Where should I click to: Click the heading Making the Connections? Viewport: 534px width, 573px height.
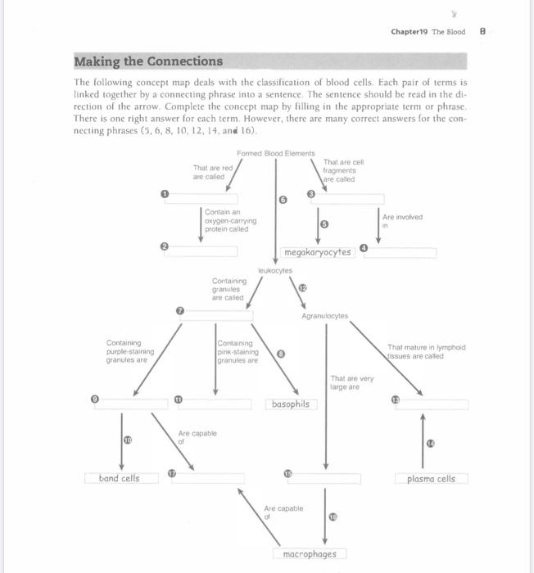coord(148,61)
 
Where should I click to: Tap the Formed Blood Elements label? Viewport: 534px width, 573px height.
coord(275,154)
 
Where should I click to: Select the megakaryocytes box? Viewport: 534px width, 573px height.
coord(317,252)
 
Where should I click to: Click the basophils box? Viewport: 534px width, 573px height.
coord(290,404)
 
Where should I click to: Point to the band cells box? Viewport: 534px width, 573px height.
coord(119,478)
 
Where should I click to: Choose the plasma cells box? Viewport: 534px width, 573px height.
coord(431,479)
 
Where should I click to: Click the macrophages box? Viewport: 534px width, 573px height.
coord(309,554)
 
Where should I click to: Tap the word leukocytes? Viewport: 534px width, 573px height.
coord(274,269)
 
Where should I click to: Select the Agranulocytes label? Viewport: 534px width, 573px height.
coord(324,315)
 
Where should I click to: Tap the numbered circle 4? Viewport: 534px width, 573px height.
coord(364,248)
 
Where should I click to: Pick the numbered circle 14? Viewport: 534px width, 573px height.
coord(430,443)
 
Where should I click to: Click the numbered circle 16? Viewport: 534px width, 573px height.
coord(333,517)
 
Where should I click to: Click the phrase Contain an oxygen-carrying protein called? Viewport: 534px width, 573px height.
coord(230,220)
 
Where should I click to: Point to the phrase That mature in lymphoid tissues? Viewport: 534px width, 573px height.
coord(426,351)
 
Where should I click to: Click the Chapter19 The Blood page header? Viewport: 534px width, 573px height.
coord(428,32)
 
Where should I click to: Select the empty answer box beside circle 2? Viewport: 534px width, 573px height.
coord(201,250)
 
